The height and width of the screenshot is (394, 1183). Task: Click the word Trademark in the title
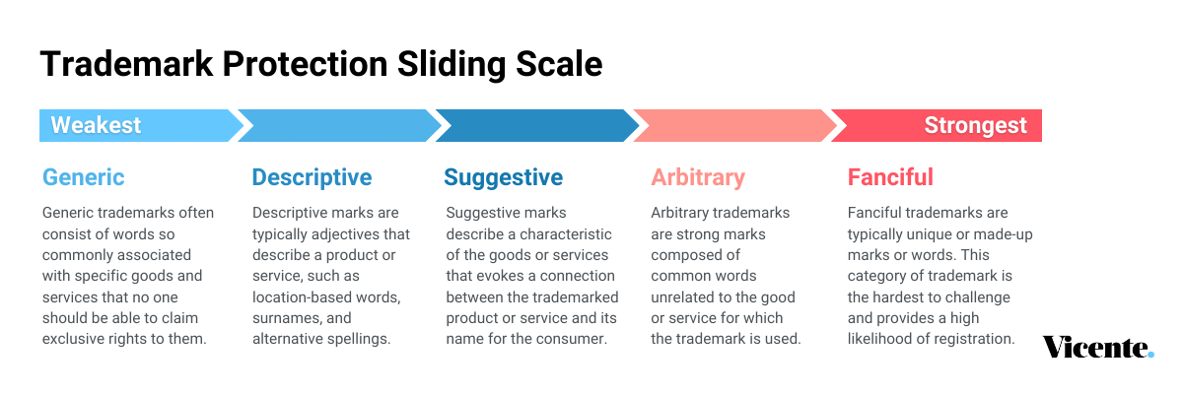pos(126,64)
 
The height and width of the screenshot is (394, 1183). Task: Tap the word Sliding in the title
pos(452,65)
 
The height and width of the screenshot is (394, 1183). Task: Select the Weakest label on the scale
pos(96,125)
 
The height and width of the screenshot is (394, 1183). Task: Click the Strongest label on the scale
pos(975,125)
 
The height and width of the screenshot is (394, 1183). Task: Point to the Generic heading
pos(84,177)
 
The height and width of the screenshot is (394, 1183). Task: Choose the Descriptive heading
pos(313,177)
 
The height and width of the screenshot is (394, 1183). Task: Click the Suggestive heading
pos(504,178)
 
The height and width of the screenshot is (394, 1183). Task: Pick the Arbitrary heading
pos(698,177)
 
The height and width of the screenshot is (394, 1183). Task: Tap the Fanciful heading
pos(890,177)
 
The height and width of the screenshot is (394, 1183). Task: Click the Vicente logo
pos(1098,348)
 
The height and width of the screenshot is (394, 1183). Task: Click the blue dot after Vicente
pos(1150,355)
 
